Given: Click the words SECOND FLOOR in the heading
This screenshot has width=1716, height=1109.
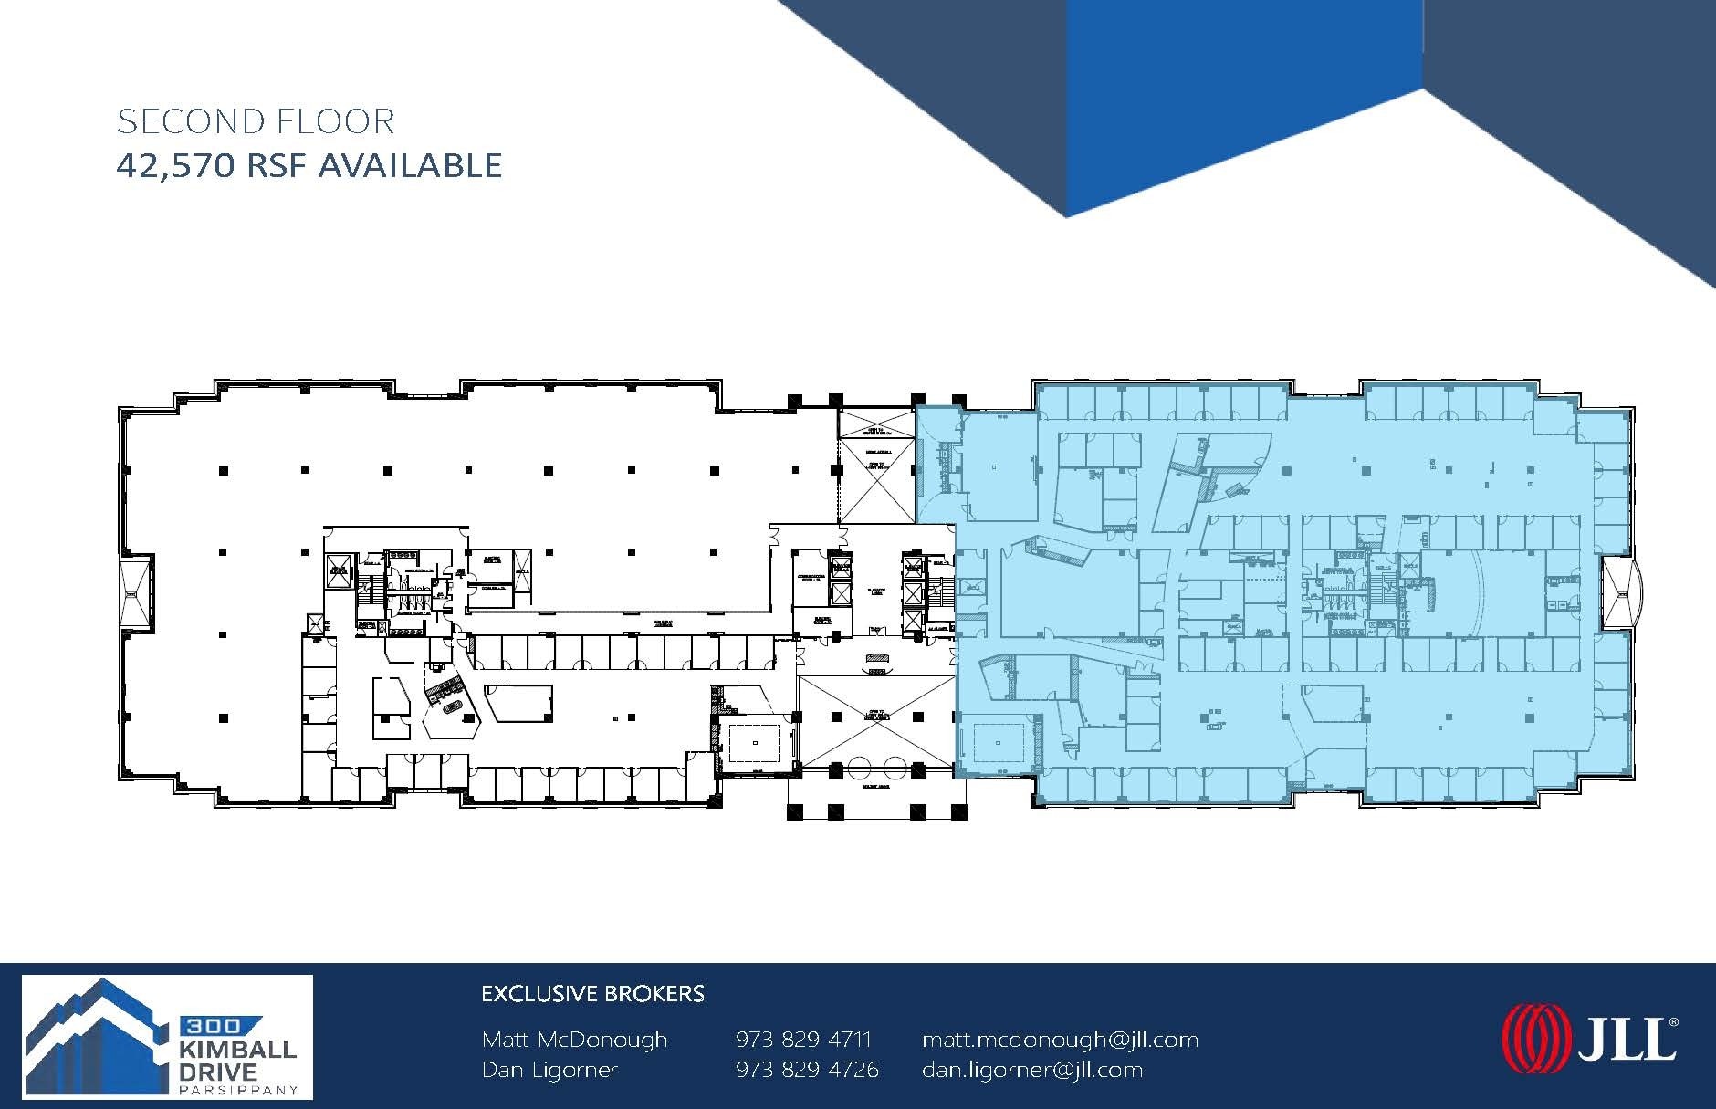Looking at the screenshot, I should (x=256, y=121).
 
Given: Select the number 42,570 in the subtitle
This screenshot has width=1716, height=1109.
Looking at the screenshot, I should (x=173, y=166).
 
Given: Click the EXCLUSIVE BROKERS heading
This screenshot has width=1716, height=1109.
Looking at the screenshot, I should (x=592, y=994).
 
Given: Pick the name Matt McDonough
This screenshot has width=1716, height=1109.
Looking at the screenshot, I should (x=574, y=1040).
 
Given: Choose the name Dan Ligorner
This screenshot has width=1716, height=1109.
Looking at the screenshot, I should (x=549, y=1070).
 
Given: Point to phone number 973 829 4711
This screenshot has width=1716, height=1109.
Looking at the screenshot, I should (x=803, y=1040).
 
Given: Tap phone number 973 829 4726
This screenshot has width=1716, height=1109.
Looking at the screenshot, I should (x=807, y=1070).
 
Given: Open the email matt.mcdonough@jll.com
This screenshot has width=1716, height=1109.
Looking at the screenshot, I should (x=1060, y=1040).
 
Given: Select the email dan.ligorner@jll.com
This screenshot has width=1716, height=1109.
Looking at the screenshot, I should (x=1031, y=1070).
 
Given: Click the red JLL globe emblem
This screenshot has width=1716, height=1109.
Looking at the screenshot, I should (x=1535, y=1039).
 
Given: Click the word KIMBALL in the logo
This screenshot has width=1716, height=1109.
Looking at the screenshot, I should (x=236, y=1049).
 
